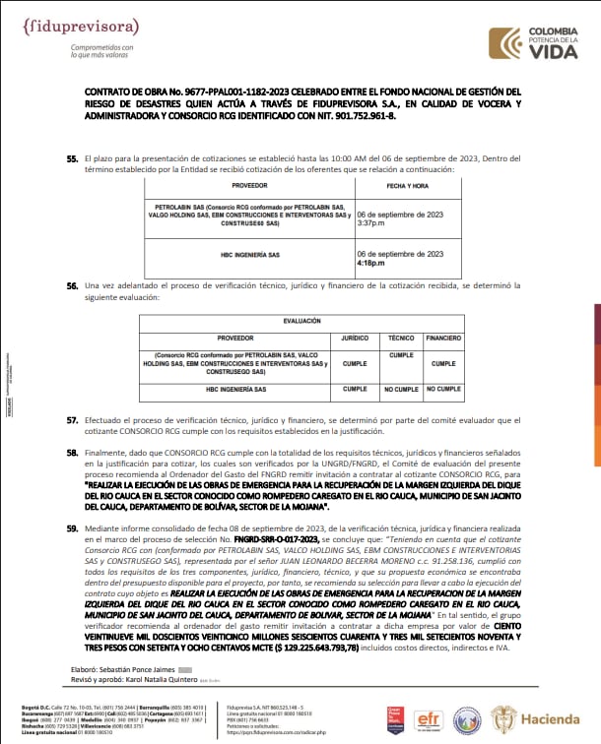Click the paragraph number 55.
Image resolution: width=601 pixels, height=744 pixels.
point(72,157)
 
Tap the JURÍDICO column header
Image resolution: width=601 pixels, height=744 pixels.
point(355,337)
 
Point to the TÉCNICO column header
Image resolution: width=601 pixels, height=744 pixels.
point(401,337)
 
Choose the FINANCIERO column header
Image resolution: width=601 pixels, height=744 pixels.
point(442,337)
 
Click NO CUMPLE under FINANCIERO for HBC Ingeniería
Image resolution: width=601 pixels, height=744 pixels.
point(442,389)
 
